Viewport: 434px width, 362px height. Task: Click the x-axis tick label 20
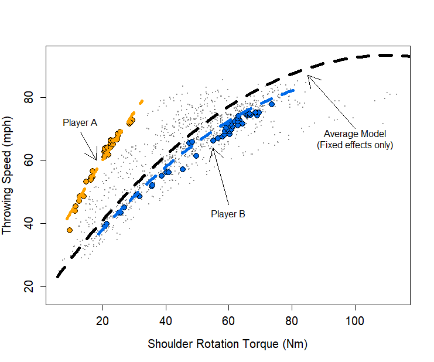(x=103, y=320)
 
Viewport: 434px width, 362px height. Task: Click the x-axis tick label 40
(x=166, y=320)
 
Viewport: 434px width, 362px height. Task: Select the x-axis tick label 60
(x=229, y=320)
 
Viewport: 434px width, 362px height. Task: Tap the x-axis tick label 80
(x=292, y=320)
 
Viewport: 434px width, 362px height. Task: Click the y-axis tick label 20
(x=29, y=287)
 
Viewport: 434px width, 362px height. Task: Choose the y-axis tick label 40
(x=29, y=224)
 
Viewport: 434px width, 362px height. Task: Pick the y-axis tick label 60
(x=29, y=160)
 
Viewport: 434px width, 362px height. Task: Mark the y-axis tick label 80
(x=29, y=97)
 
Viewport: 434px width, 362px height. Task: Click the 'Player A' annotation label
(x=80, y=123)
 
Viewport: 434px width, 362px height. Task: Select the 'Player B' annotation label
(x=228, y=214)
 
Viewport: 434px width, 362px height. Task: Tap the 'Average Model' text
(x=355, y=134)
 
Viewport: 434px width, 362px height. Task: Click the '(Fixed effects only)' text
(x=355, y=145)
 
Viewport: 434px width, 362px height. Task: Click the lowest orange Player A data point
(x=70, y=230)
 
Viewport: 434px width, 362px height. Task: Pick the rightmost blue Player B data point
(x=272, y=104)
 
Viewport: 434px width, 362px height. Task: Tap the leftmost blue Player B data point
(x=106, y=224)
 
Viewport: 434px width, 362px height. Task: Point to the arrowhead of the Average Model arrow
(x=308, y=76)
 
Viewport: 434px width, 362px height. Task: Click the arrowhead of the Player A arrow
(x=96, y=159)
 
